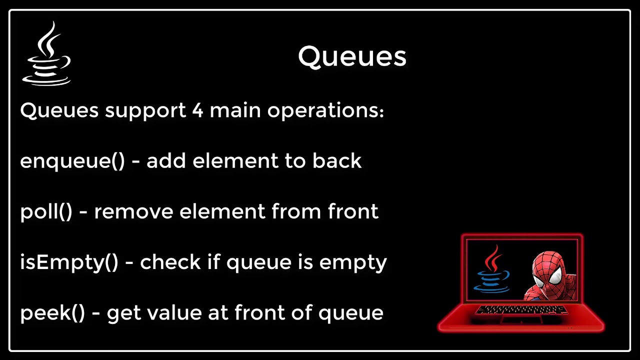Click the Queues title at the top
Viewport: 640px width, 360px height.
coord(352,56)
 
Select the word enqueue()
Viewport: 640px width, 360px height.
coord(72,161)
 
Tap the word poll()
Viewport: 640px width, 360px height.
coord(46,212)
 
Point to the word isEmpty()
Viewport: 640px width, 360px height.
coord(69,262)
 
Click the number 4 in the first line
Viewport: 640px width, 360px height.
coord(197,110)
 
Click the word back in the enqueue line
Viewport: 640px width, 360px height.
coord(337,161)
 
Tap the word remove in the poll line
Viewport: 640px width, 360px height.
coord(133,212)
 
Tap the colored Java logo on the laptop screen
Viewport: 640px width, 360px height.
coord(493,270)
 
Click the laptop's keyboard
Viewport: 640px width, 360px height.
coord(521,310)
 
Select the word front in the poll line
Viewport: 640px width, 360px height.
coord(353,212)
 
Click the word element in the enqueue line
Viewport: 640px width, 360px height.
coord(228,161)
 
